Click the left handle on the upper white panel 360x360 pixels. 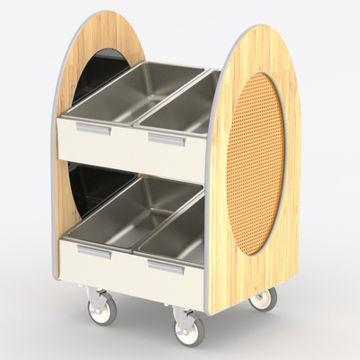(94, 130)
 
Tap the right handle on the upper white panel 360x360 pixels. (166, 140)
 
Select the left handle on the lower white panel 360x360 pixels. (93, 253)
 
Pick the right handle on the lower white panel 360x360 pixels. (166, 268)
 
